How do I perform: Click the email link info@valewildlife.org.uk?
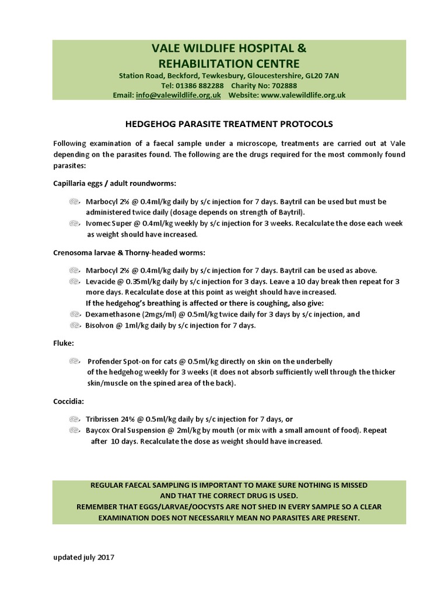click(x=178, y=95)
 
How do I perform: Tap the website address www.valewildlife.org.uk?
click(x=303, y=95)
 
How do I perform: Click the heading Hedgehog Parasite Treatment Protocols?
click(x=229, y=124)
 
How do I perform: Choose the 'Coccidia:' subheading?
click(x=68, y=402)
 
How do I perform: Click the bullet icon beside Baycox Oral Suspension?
click(x=74, y=430)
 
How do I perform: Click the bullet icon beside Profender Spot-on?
click(x=74, y=361)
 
